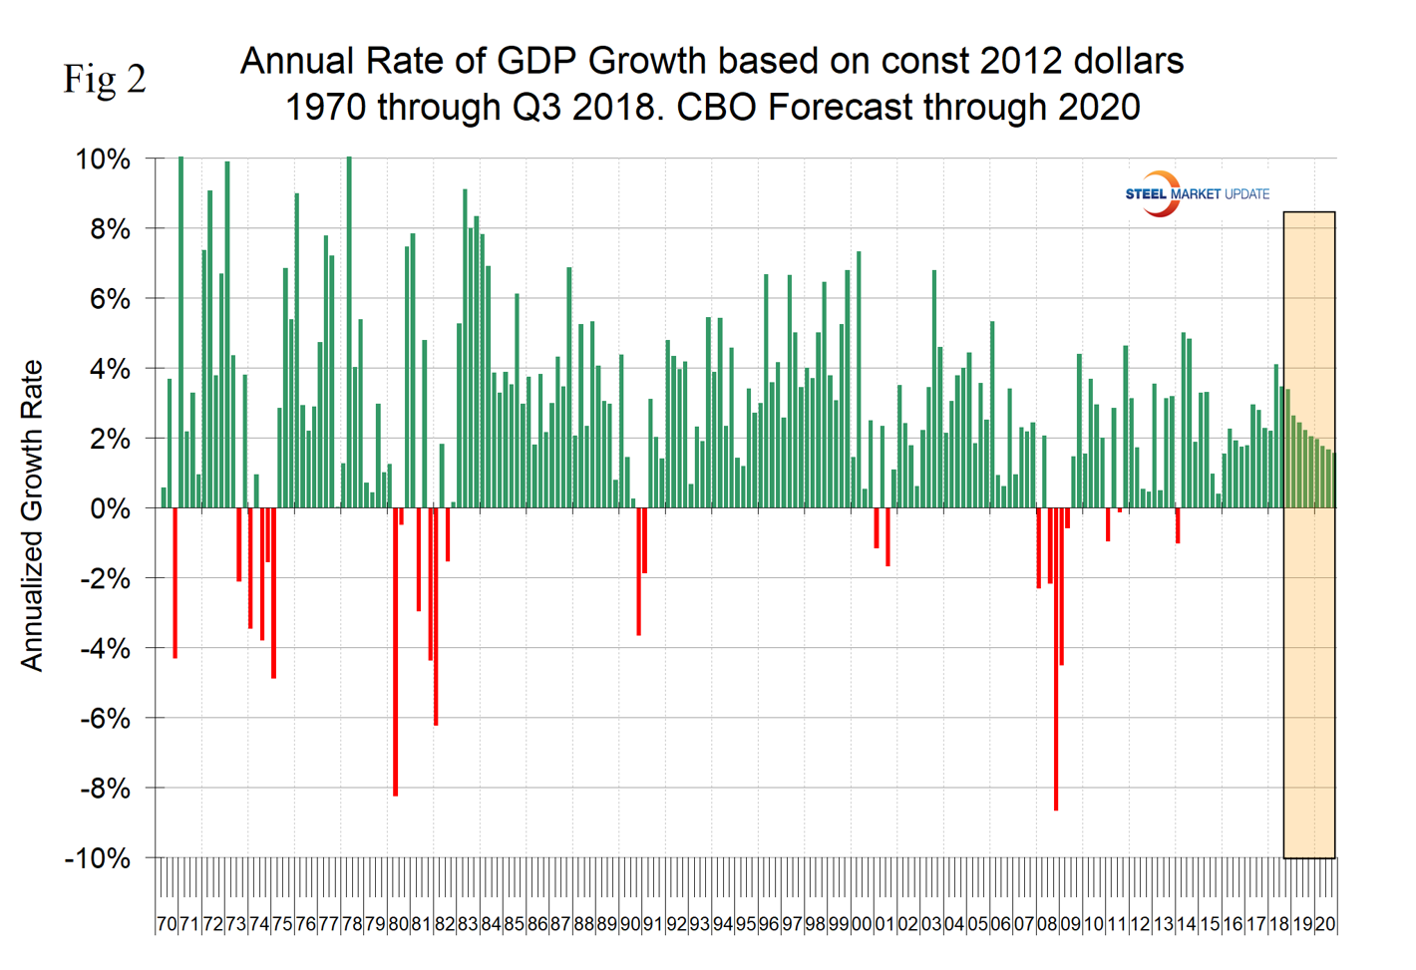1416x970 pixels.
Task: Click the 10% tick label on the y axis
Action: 103,160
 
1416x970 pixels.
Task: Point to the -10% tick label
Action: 98,858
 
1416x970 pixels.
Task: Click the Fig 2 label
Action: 105,79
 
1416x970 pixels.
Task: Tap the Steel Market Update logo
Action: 1197,193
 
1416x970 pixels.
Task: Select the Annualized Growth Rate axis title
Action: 32,515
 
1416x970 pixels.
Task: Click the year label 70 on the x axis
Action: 166,924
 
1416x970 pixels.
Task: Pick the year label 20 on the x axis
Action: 1325,924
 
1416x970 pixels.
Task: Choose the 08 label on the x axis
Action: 1047,924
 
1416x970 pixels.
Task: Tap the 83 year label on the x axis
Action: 467,924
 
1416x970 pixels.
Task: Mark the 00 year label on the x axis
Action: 862,924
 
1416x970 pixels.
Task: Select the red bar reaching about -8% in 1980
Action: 395,652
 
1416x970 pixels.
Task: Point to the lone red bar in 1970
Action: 175,583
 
